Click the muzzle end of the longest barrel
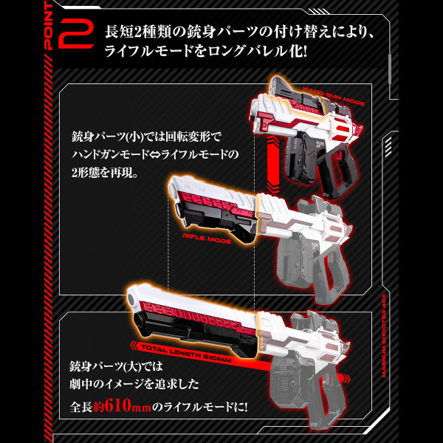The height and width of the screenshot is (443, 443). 132,296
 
